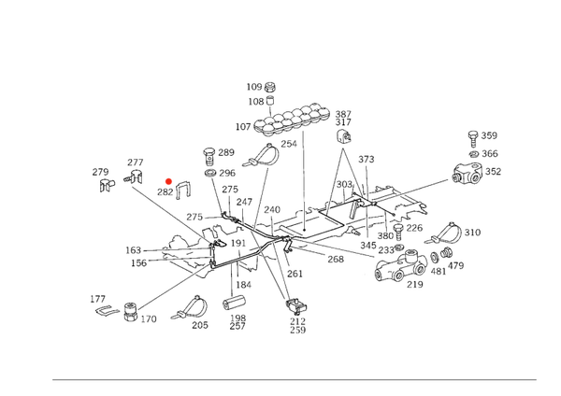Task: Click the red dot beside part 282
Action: click(168, 181)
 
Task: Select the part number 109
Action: click(254, 87)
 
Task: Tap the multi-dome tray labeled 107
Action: click(291, 120)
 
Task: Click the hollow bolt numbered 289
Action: click(210, 156)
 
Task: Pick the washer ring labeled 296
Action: click(210, 173)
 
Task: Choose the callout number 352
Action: click(493, 172)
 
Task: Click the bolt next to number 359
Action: click(473, 138)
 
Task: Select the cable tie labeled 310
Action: click(443, 233)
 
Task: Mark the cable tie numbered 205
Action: click(190, 307)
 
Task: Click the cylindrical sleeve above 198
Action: click(233, 304)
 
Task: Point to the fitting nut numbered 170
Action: click(131, 312)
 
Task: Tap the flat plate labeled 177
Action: click(107, 310)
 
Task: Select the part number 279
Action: click(100, 172)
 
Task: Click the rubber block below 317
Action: click(344, 137)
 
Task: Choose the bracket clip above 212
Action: click(296, 306)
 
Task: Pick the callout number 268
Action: click(336, 259)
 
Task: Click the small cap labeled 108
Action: click(271, 101)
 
